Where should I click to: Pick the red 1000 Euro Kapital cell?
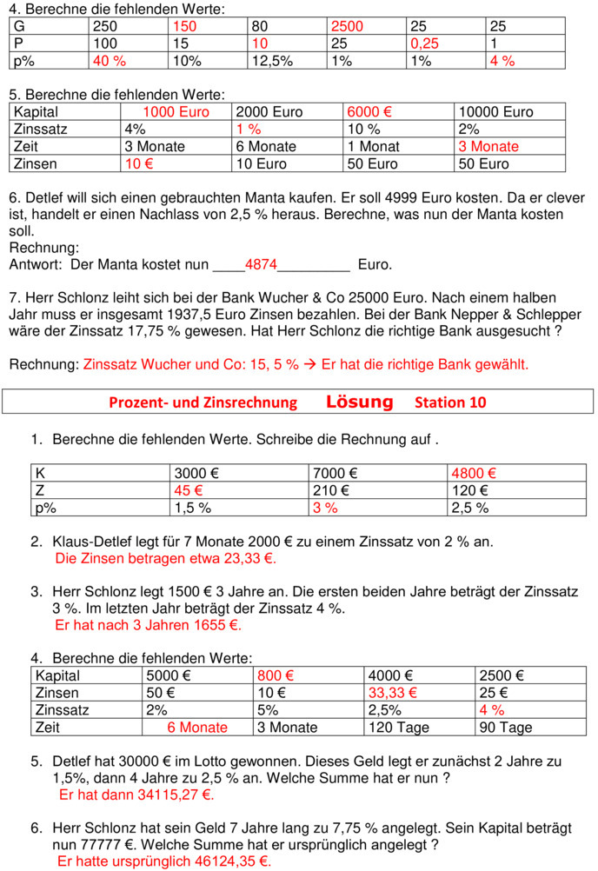[177, 112]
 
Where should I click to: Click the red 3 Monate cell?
[488, 146]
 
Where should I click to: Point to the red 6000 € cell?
[369, 112]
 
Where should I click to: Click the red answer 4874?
[261, 264]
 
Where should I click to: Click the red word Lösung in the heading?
[359, 402]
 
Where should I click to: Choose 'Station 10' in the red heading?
[450, 402]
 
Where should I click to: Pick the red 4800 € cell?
[474, 474]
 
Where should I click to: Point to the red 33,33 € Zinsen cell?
[393, 693]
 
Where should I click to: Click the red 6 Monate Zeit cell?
[197, 728]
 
